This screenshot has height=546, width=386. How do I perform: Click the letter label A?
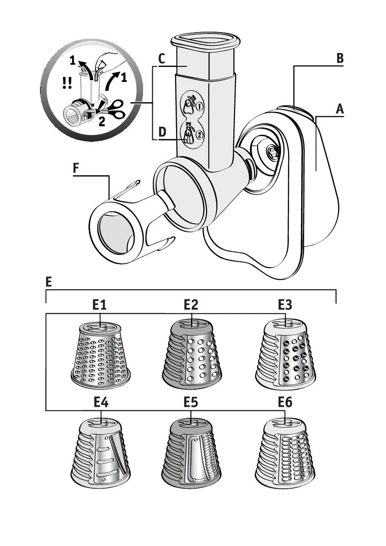(339, 109)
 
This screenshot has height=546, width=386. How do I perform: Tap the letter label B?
(339, 58)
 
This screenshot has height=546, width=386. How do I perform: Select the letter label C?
(162, 59)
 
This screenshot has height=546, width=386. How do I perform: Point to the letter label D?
(162, 132)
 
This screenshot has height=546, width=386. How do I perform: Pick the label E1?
(100, 305)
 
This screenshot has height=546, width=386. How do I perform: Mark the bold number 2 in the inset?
(102, 122)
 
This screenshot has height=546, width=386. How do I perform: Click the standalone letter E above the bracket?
(49, 282)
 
